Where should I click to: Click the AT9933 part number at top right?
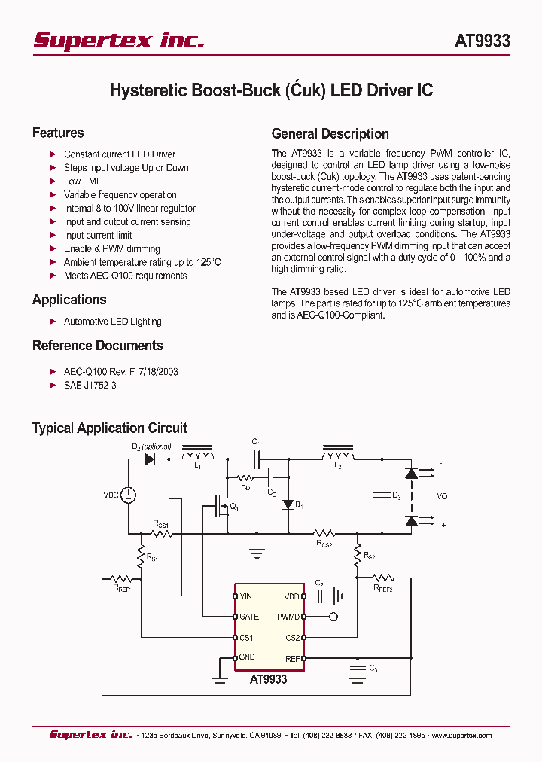click(x=482, y=41)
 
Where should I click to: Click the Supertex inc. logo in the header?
click(x=119, y=41)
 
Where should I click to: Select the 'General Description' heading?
click(x=330, y=134)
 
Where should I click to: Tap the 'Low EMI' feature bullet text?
click(x=81, y=181)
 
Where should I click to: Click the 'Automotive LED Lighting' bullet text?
click(x=112, y=322)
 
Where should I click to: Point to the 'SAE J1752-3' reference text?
click(x=90, y=385)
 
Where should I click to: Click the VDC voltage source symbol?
click(x=129, y=495)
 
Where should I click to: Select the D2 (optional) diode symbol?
click(x=149, y=459)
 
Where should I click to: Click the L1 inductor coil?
click(x=199, y=457)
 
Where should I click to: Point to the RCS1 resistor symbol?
click(x=161, y=533)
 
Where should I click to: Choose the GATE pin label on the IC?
click(x=249, y=617)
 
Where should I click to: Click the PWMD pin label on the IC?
click(x=288, y=617)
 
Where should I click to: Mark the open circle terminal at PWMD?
click(x=333, y=617)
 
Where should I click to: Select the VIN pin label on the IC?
click(x=246, y=596)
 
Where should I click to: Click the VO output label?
click(x=442, y=497)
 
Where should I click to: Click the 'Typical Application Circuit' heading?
click(x=110, y=428)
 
